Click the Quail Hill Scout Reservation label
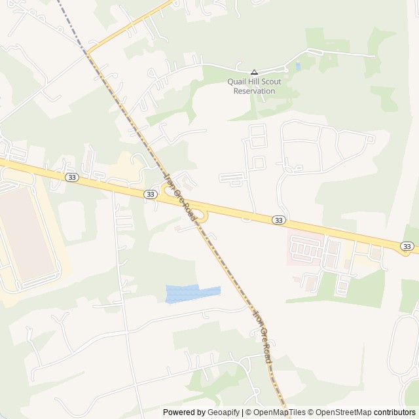click(x=254, y=86)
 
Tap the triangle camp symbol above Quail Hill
click(x=254, y=72)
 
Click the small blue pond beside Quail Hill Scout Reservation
click(x=298, y=66)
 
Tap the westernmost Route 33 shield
click(x=71, y=177)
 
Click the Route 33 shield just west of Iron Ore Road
click(x=151, y=194)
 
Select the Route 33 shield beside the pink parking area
click(x=279, y=220)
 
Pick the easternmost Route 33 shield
click(x=407, y=246)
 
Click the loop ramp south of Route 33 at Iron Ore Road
click(x=202, y=216)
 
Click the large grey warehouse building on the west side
click(x=26, y=232)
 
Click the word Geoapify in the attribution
click(x=224, y=412)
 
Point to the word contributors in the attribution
click(x=395, y=412)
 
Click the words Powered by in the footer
click(x=183, y=412)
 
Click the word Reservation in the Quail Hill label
click(x=254, y=91)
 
